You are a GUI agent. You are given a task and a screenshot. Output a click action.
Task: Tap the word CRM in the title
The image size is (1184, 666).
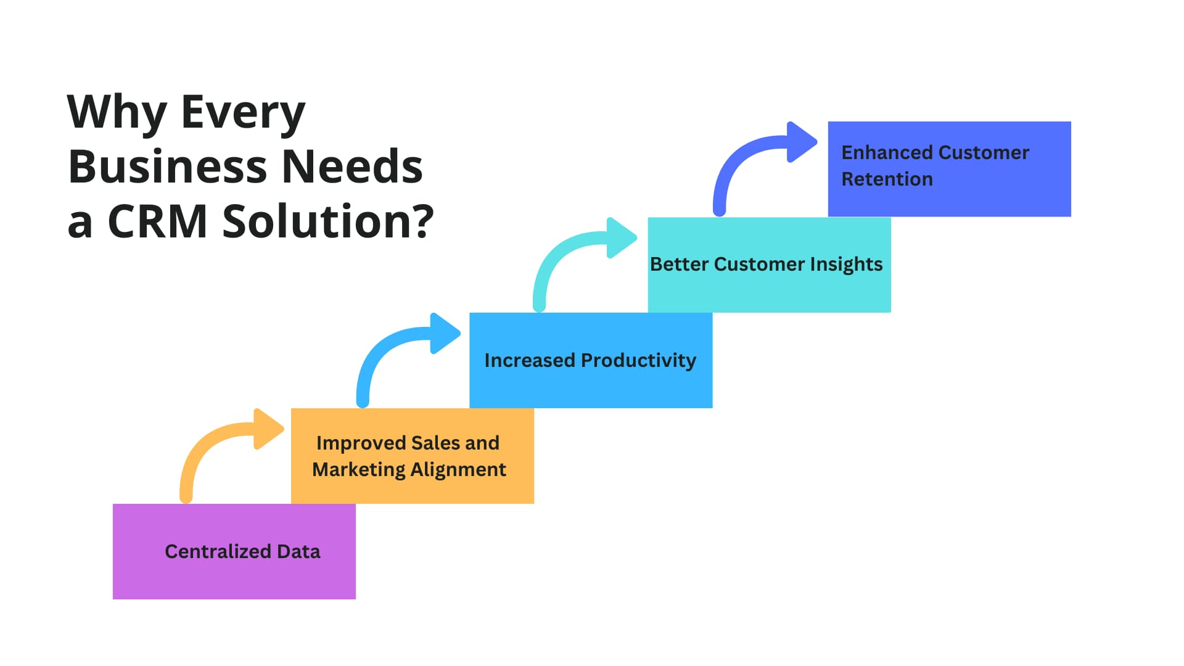coord(158,221)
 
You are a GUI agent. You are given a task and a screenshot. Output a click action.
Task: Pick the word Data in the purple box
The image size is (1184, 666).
coord(298,551)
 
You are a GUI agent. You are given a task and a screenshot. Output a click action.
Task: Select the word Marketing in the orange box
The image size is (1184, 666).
coord(358,470)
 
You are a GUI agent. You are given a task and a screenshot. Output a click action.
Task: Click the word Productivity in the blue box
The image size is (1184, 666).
coord(638,361)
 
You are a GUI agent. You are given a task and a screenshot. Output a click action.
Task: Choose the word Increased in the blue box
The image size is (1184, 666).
coord(530,360)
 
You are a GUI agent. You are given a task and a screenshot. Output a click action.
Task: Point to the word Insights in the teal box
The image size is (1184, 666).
coord(846,265)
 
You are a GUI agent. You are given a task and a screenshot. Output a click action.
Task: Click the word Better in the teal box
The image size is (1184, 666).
coord(679,264)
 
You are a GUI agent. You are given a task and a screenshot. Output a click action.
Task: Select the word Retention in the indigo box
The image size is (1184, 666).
coord(887,179)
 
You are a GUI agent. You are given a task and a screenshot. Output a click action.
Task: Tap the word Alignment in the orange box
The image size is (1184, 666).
coord(458,470)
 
